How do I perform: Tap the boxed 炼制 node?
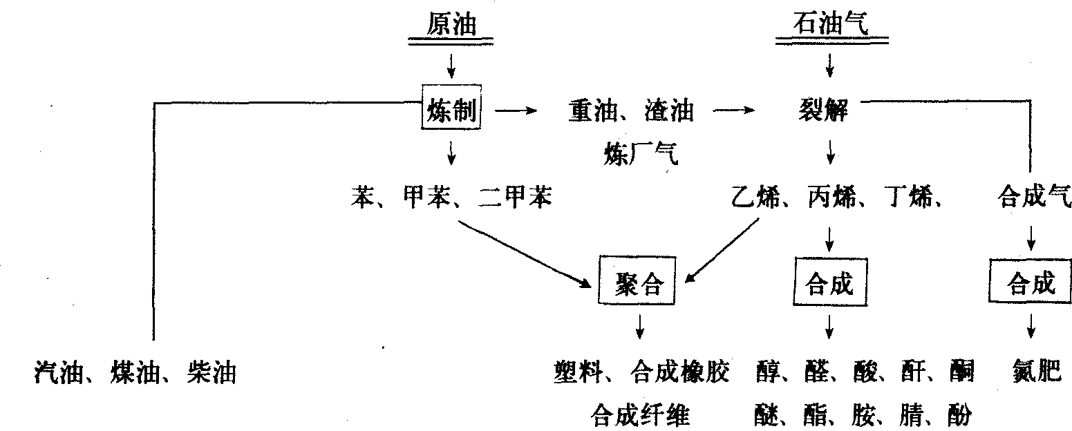[x=451, y=110]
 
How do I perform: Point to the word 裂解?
[x=829, y=110]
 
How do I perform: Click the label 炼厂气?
[x=641, y=156]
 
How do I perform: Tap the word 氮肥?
[x=1031, y=373]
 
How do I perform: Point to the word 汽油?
[x=59, y=374]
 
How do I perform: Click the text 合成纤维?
[x=641, y=415]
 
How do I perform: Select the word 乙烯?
[x=755, y=199]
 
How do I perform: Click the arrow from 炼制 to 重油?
[x=516, y=111]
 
